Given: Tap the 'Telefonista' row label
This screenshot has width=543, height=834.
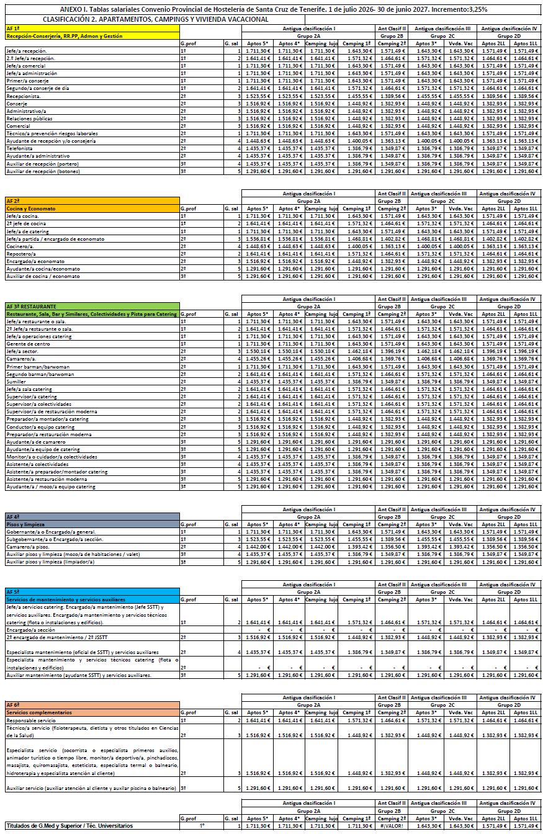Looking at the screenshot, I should point(20,148).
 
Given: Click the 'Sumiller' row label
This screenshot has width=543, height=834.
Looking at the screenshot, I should point(17,382).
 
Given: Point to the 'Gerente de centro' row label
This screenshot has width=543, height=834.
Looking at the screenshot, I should point(28,344).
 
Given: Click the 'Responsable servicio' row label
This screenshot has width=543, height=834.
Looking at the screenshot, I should point(31,720).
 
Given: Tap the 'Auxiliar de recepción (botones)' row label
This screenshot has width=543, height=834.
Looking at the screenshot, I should point(43,171).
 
